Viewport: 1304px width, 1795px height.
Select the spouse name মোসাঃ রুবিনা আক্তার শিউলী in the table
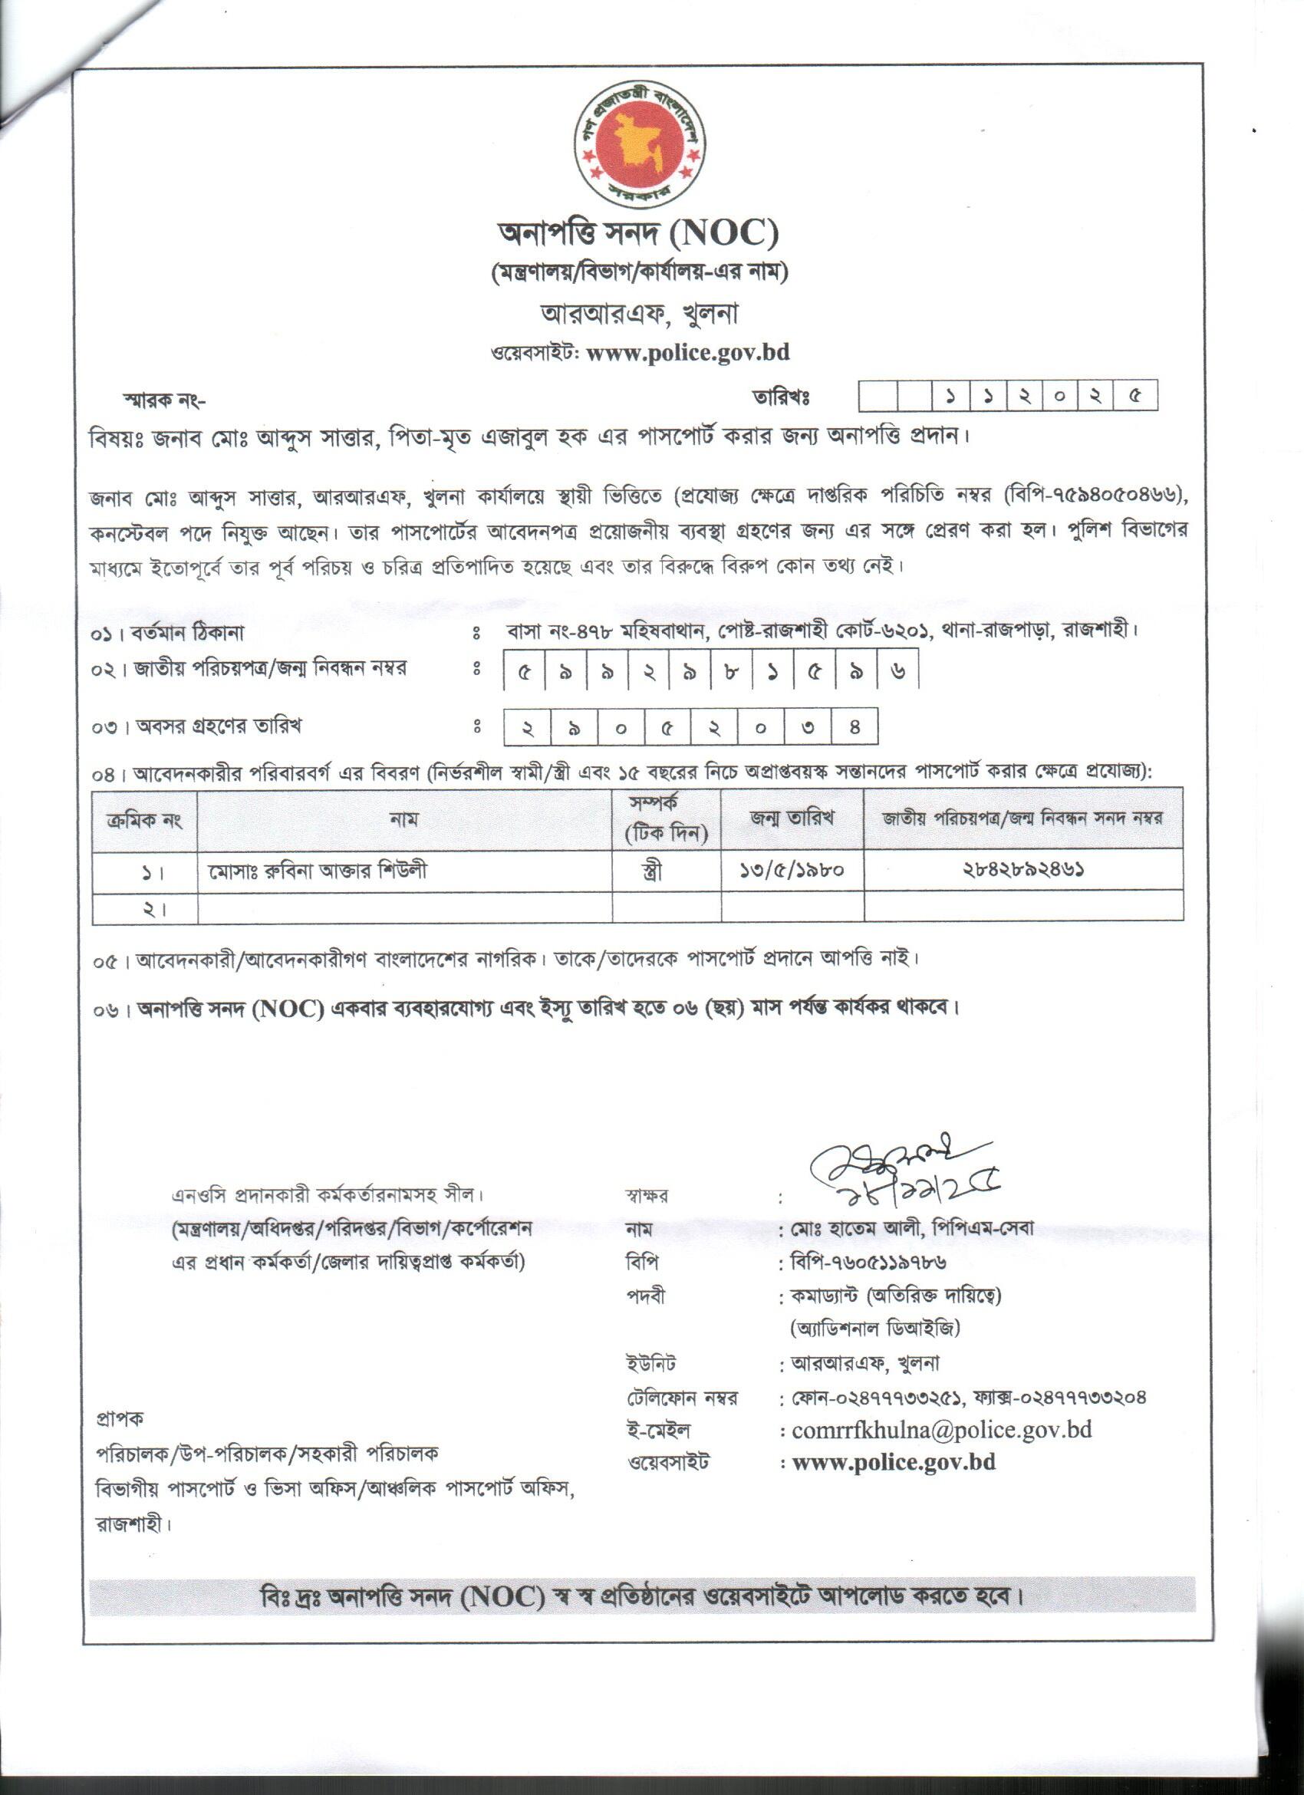(318, 871)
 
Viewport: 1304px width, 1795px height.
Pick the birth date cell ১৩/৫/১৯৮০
(792, 871)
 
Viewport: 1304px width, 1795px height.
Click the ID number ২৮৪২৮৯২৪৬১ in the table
(1024, 871)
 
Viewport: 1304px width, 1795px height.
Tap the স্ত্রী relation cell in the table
(651, 871)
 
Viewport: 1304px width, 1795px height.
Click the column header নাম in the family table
(404, 819)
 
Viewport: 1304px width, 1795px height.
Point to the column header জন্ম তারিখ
(792, 818)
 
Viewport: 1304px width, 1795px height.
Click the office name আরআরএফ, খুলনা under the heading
(638, 315)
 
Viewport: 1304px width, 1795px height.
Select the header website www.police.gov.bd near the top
(687, 352)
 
